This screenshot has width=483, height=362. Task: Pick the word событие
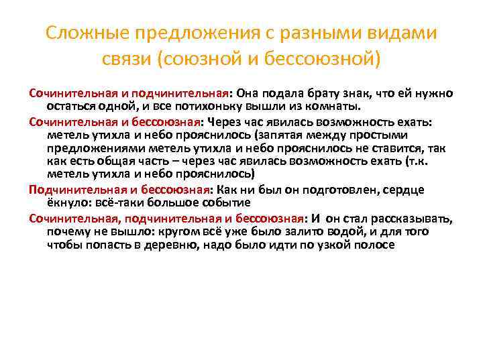227,202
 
